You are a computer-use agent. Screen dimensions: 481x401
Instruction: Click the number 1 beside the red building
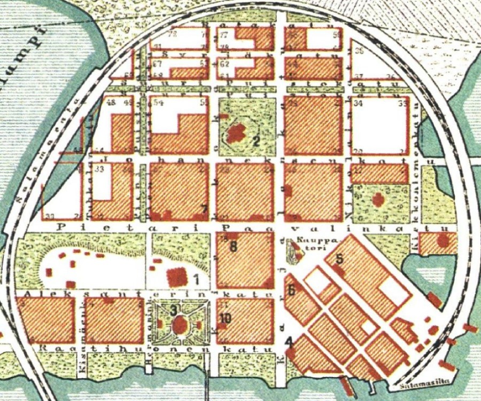(196, 278)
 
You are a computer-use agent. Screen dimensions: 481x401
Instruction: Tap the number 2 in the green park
(257, 141)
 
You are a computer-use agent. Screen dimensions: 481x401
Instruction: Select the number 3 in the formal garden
(173, 309)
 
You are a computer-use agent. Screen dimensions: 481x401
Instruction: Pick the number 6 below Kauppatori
(291, 291)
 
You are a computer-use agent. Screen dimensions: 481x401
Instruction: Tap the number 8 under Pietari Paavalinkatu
(233, 247)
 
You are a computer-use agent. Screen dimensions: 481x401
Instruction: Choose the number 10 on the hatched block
(225, 319)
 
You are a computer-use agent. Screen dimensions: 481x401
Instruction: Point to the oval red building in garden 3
(181, 324)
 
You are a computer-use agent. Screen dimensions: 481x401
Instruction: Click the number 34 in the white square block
(358, 103)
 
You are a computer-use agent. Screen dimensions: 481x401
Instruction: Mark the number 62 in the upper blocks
(225, 64)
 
